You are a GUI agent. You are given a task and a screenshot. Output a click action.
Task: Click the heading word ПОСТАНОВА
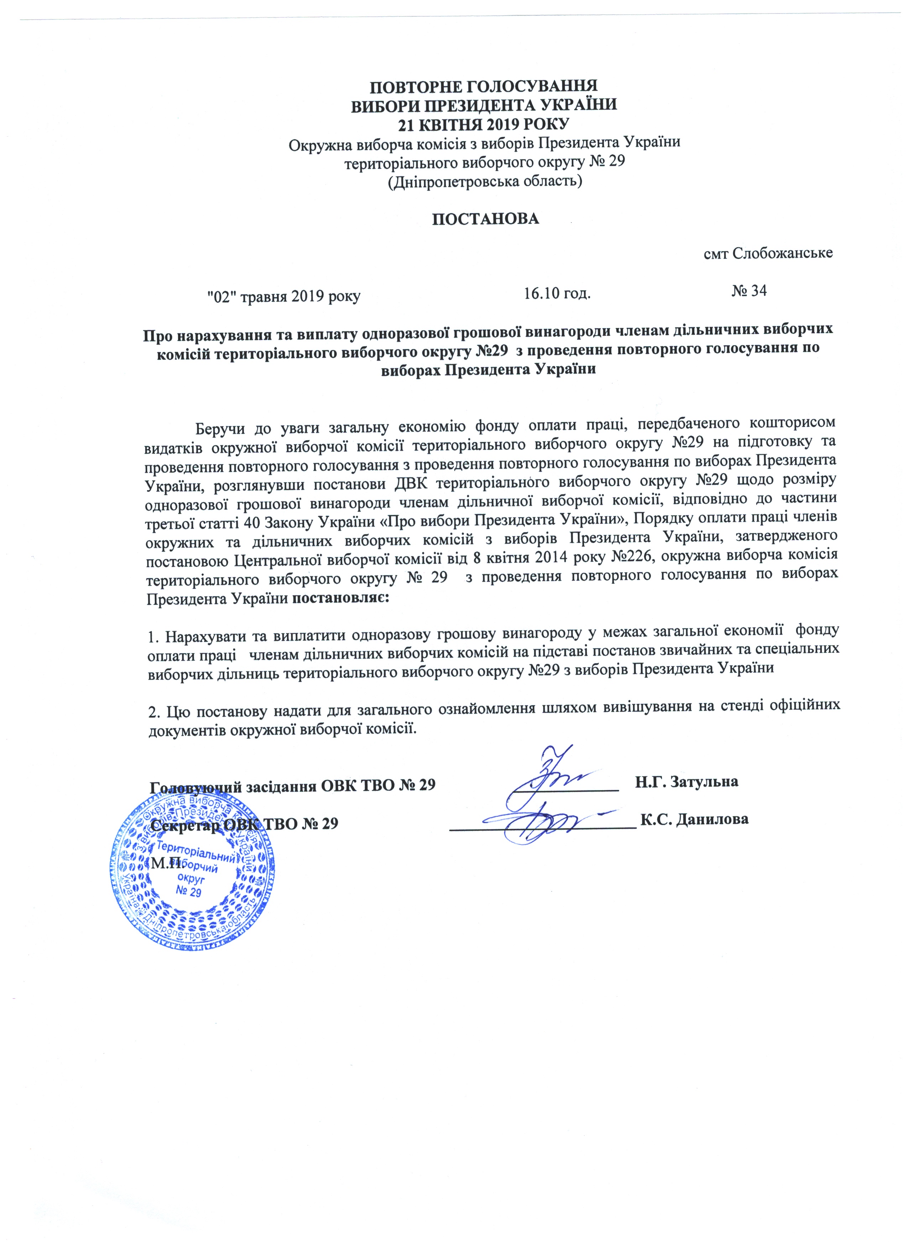[x=485, y=219]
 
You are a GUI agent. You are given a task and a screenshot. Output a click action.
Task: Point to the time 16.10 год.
[x=557, y=293]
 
